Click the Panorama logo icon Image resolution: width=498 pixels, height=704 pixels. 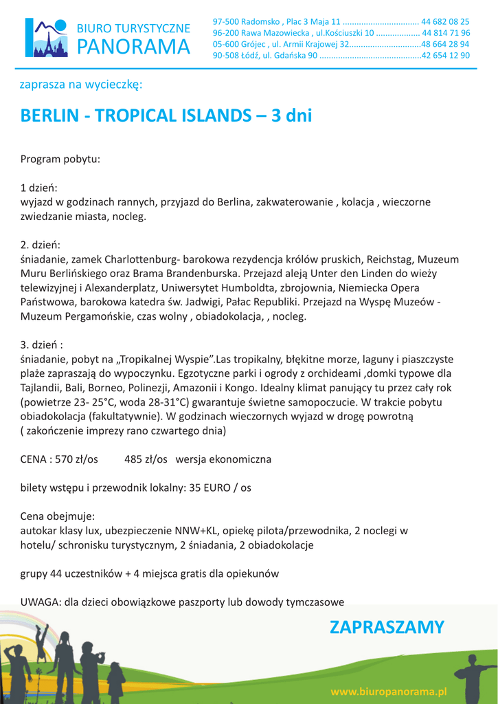coord(47,37)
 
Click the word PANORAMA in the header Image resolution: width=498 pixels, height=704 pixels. coord(133,47)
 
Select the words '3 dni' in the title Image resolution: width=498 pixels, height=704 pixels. coord(291,115)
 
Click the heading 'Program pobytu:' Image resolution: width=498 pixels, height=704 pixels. coord(60,159)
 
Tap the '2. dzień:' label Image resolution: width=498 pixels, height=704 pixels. coord(41,245)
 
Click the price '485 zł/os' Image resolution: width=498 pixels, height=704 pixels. coord(146,459)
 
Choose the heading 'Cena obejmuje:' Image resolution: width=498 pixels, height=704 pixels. coord(58,516)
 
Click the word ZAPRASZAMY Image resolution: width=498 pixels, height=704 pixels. coord(387,627)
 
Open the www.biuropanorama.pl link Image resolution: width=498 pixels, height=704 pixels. coord(389,690)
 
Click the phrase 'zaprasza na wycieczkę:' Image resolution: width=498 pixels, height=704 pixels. coord(81,85)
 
